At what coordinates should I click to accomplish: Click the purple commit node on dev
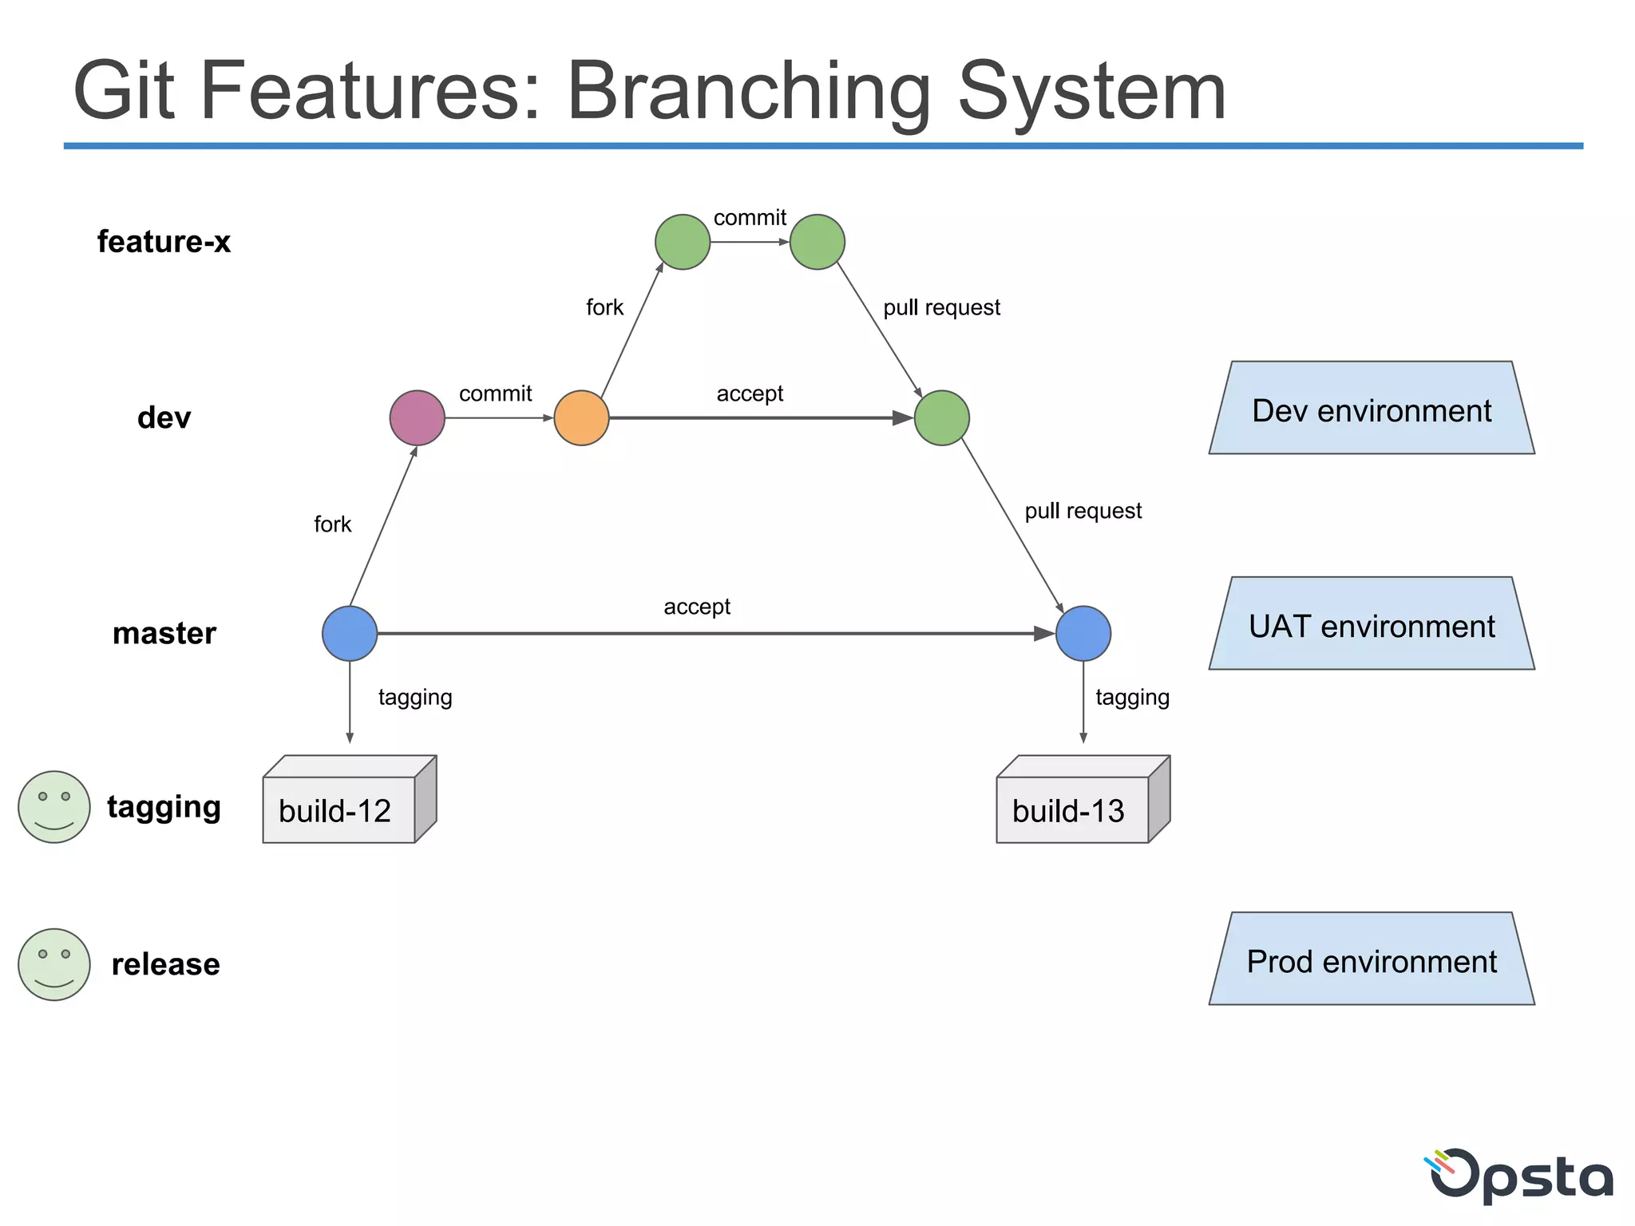pyautogui.click(x=417, y=417)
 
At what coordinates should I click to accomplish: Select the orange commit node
pyautogui.click(x=581, y=417)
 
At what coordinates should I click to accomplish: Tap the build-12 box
pyautogui.click(x=339, y=808)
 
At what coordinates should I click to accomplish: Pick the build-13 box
pyautogui.click(x=1073, y=808)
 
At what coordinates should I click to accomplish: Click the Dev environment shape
pyautogui.click(x=1371, y=409)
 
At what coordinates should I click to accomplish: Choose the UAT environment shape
pyautogui.click(x=1371, y=625)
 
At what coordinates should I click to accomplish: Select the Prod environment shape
pyautogui.click(x=1371, y=960)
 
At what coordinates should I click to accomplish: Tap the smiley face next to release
pyautogui.click(x=54, y=964)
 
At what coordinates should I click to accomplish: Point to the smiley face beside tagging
pyautogui.click(x=54, y=806)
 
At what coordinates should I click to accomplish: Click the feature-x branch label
pyautogui.click(x=164, y=242)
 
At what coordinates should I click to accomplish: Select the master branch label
pyautogui.click(x=164, y=633)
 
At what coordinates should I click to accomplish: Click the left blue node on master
pyautogui.click(x=350, y=633)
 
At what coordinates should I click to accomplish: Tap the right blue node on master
pyautogui.click(x=1083, y=633)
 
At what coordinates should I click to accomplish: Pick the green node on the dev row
pyautogui.click(x=941, y=417)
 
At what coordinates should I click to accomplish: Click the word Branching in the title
pyautogui.click(x=748, y=92)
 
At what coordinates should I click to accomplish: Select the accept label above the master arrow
pyautogui.click(x=696, y=607)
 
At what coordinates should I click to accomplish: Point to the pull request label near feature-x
pyautogui.click(x=941, y=307)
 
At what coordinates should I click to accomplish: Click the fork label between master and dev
pyautogui.click(x=332, y=524)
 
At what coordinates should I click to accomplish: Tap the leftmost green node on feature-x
pyautogui.click(x=683, y=242)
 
